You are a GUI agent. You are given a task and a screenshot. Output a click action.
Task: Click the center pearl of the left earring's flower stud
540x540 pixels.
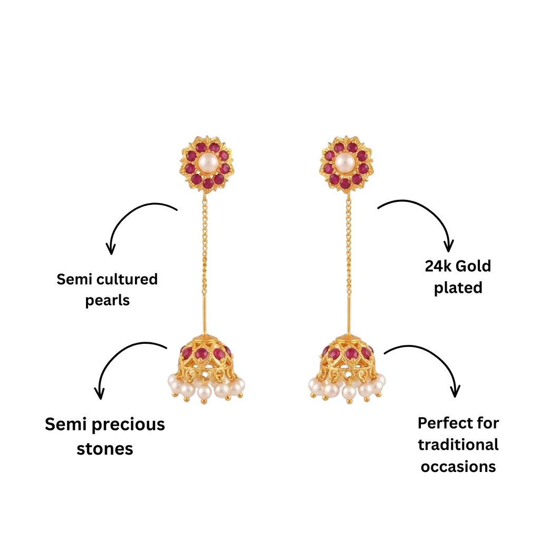point(207,161)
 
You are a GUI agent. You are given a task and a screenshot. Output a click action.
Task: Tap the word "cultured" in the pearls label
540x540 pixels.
point(127,279)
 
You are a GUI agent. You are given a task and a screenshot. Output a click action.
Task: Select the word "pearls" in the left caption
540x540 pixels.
point(108,301)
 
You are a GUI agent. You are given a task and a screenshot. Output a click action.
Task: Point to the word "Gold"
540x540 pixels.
point(474,266)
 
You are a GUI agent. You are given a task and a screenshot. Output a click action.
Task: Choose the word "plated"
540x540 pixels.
point(458,288)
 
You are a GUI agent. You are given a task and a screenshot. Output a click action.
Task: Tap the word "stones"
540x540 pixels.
point(105,449)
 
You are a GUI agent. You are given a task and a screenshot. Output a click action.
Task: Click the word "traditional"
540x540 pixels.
point(458,445)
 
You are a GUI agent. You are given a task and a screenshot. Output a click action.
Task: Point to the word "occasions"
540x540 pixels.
point(458,467)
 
